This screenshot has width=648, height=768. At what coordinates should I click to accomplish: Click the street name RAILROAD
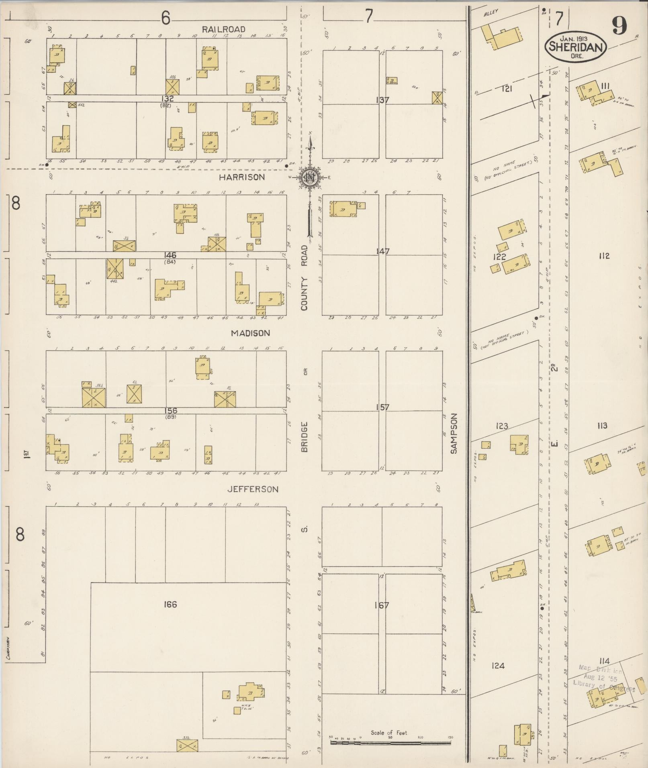[x=223, y=29]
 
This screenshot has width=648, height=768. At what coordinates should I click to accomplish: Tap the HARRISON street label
[x=242, y=177]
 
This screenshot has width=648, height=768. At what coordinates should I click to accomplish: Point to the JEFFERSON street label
[x=253, y=489]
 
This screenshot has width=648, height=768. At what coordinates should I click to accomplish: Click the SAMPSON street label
[x=454, y=434]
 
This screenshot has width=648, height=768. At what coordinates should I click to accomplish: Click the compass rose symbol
[x=310, y=177]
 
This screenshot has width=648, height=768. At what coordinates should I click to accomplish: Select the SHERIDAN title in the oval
[x=575, y=48]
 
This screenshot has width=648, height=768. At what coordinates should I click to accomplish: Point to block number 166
[x=170, y=604]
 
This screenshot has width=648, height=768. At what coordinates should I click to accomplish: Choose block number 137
[x=382, y=100]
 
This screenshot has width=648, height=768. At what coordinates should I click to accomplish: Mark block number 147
[x=382, y=252]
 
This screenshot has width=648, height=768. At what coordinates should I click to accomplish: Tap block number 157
[x=382, y=407]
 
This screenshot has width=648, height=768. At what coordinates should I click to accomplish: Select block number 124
[x=498, y=666]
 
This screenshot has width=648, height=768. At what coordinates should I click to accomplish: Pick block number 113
[x=601, y=426]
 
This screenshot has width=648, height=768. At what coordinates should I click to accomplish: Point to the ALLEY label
[x=491, y=12]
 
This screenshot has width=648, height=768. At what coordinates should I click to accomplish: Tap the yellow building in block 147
[x=343, y=209]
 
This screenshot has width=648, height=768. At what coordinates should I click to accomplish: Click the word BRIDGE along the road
[x=304, y=437]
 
